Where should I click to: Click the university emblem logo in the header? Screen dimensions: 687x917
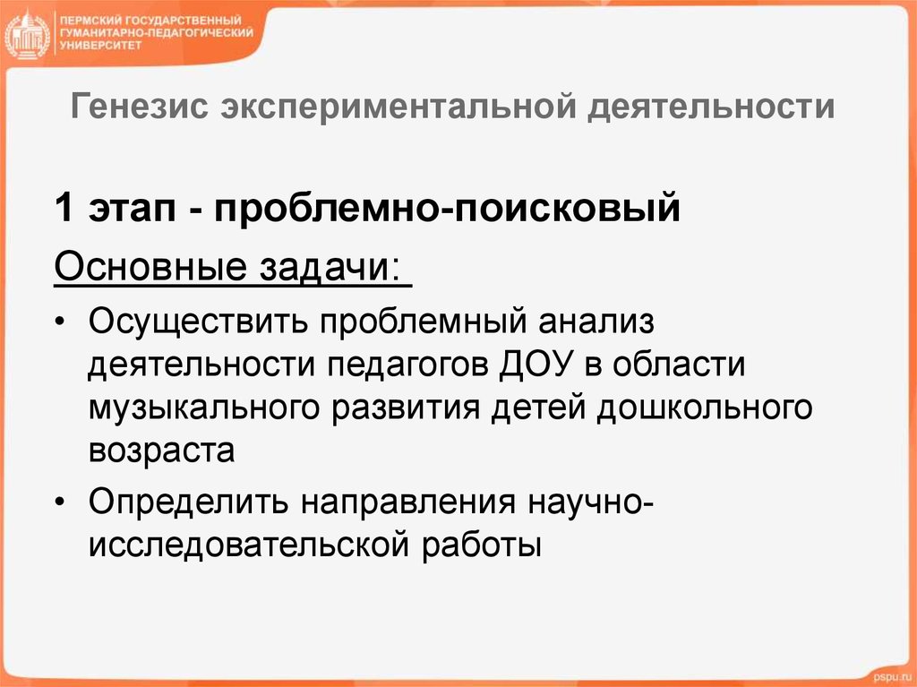point(28,35)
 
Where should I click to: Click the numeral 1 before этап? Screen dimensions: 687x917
point(63,211)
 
